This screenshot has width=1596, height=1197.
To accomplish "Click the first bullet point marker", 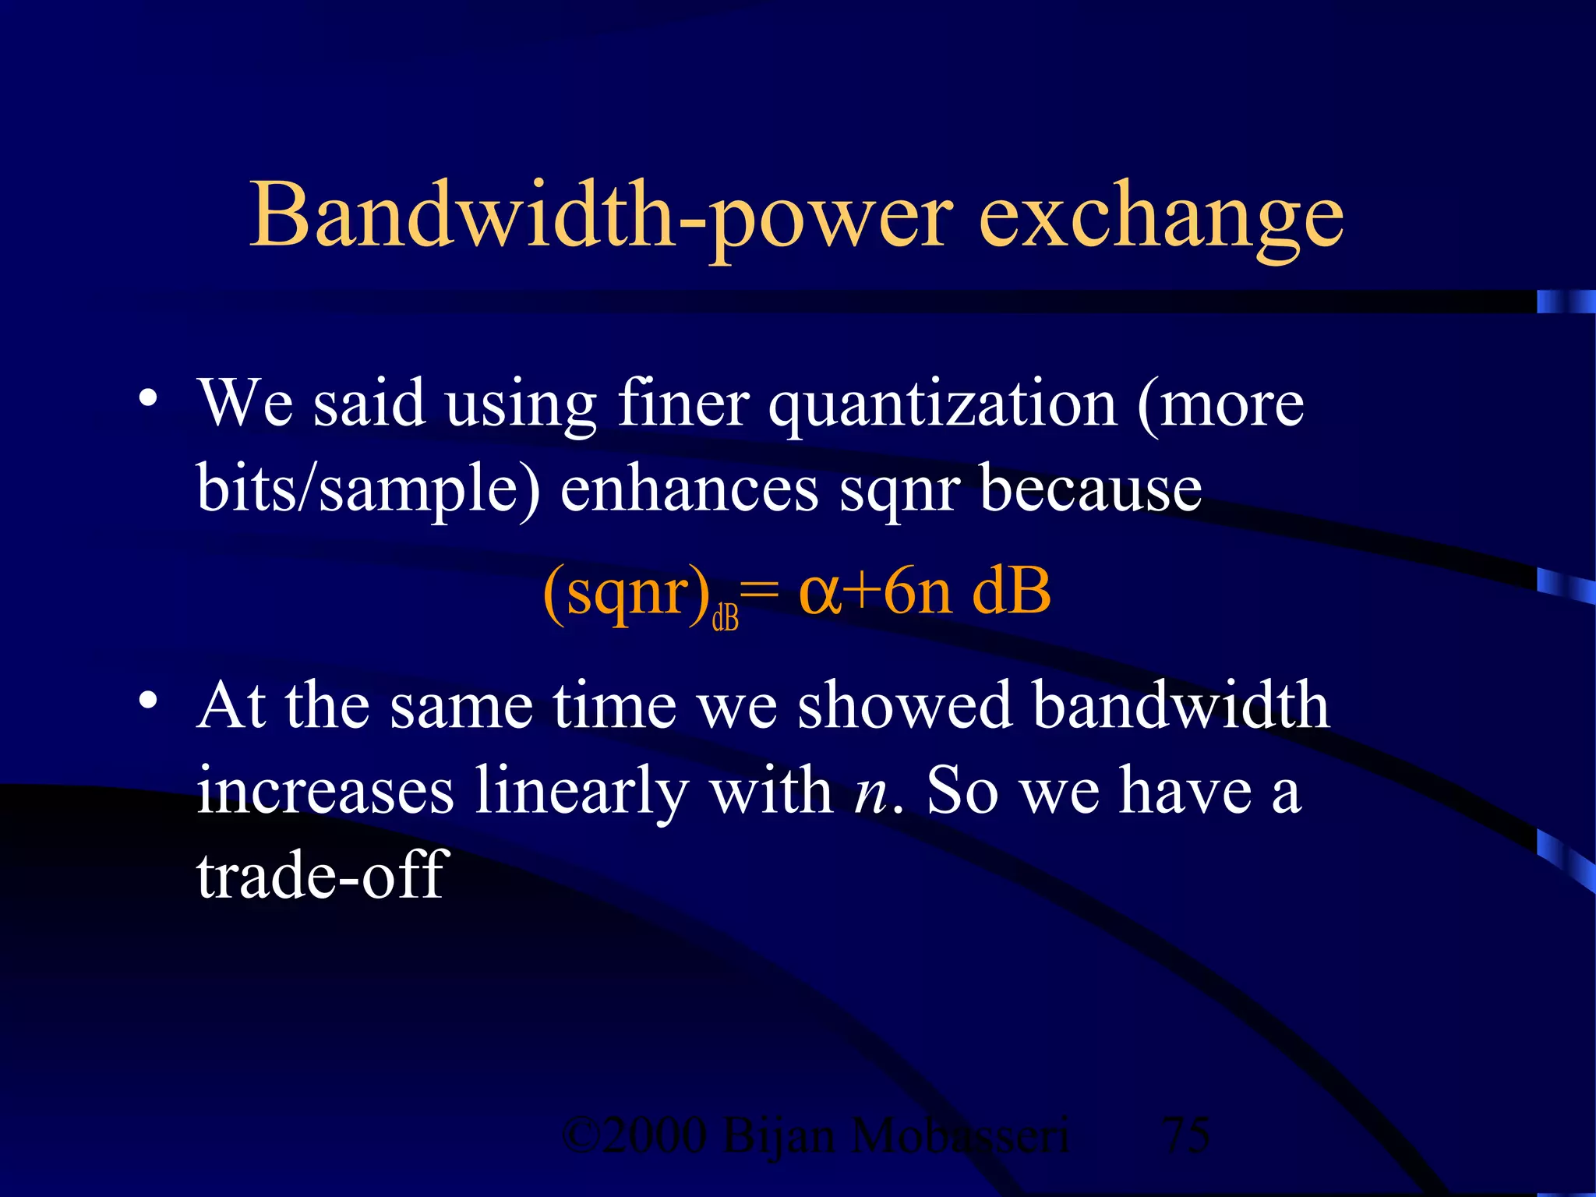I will coord(147,398).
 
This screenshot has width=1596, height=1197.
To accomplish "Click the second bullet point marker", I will coord(147,700).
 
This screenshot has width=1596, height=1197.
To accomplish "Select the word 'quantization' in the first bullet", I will coord(943,405).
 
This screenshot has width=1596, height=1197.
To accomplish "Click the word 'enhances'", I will coord(689,489).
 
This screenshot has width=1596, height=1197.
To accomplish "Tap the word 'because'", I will coord(1090,489).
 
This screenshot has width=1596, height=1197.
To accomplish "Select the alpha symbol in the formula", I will coord(820,594).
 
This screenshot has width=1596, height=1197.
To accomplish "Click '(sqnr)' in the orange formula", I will coord(627,594).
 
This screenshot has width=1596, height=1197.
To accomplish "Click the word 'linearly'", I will coord(581,792).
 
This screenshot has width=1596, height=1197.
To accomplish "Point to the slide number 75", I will coord(1185,1135).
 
